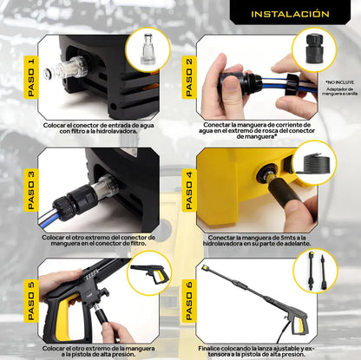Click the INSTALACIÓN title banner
[x=290, y=12]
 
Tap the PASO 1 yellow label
[x=31, y=77]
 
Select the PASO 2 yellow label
[x=189, y=77]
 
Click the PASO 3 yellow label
[x=31, y=190]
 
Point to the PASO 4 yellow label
[x=189, y=190]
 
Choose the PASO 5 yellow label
[x=31, y=301]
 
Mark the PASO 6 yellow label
[x=189, y=301]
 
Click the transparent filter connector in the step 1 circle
[x=148, y=49]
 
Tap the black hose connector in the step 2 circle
[x=314, y=49]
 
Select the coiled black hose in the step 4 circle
[x=315, y=164]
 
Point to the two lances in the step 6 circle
[x=316, y=271]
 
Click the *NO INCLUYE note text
[x=336, y=82]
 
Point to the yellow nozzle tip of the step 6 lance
[x=206, y=267]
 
